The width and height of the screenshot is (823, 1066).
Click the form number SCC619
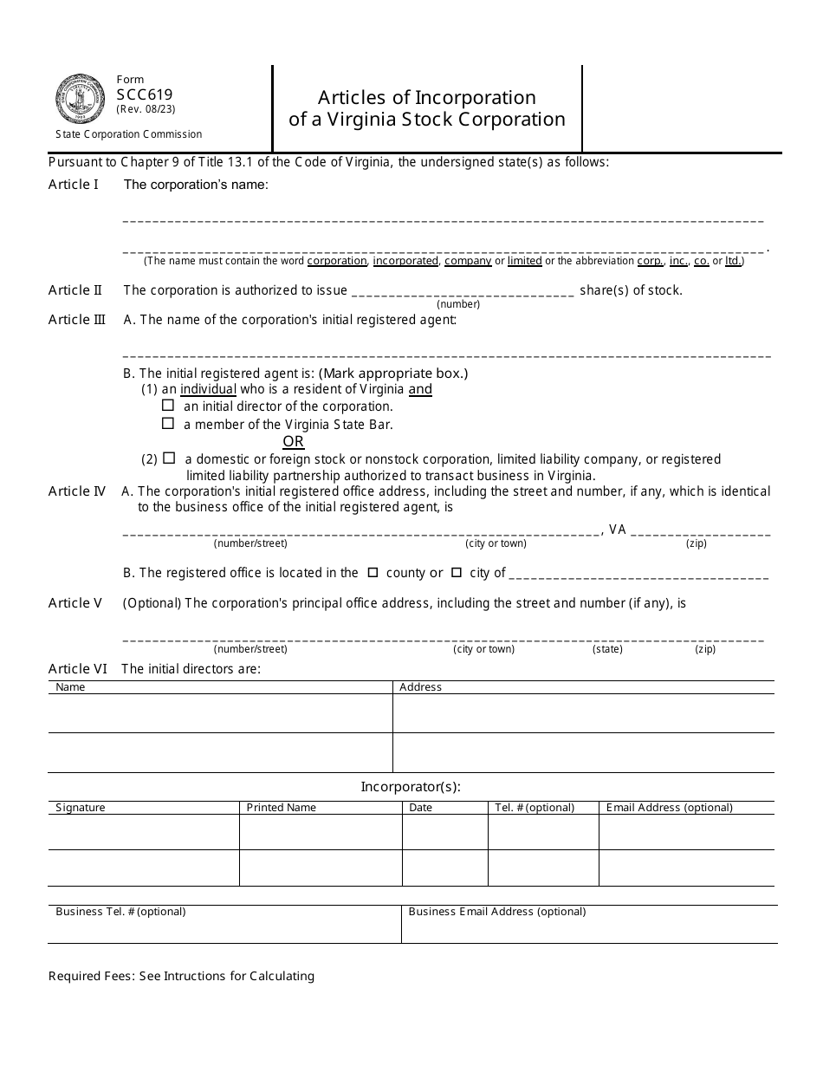(x=144, y=95)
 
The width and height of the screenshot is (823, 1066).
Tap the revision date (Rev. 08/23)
(x=146, y=110)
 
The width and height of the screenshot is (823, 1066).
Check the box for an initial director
(x=168, y=406)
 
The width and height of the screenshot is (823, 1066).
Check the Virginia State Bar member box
(x=168, y=424)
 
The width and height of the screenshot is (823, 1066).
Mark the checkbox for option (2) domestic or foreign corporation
(x=169, y=458)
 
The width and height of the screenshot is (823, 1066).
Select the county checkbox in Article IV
(x=373, y=573)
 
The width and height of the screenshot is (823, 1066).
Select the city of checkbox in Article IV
(x=457, y=573)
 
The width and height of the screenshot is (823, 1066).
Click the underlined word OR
(x=294, y=441)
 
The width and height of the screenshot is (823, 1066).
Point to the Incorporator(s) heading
(x=411, y=787)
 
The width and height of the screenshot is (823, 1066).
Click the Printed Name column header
(x=282, y=808)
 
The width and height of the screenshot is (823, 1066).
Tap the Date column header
(x=420, y=808)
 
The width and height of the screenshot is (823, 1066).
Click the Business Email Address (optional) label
(x=496, y=912)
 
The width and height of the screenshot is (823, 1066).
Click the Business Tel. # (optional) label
(x=120, y=912)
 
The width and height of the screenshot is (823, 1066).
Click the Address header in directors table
(x=420, y=687)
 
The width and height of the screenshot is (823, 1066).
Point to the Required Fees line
(x=181, y=976)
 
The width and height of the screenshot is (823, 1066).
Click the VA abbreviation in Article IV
(x=617, y=530)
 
